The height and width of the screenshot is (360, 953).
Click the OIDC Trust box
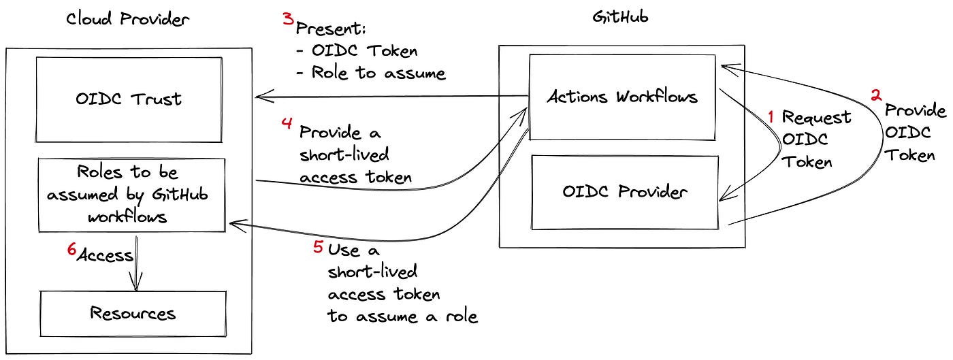(x=129, y=99)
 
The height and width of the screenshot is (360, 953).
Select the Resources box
(x=133, y=314)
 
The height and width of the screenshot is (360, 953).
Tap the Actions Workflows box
(x=622, y=97)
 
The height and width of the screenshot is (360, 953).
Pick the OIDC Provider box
(x=624, y=192)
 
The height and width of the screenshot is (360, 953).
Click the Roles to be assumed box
(x=131, y=195)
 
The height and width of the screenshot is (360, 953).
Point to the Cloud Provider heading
(x=127, y=18)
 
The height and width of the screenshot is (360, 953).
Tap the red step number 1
(x=771, y=117)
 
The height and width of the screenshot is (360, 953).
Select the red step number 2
(x=877, y=96)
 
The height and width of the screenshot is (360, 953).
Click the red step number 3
(x=288, y=18)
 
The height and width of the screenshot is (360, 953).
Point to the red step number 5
(x=317, y=248)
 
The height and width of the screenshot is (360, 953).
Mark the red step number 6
(x=71, y=250)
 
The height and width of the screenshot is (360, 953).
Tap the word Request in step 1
(x=816, y=117)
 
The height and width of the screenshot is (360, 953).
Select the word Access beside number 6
(x=105, y=256)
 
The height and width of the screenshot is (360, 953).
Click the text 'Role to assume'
(x=378, y=72)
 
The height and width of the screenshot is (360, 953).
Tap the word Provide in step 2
(x=915, y=110)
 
